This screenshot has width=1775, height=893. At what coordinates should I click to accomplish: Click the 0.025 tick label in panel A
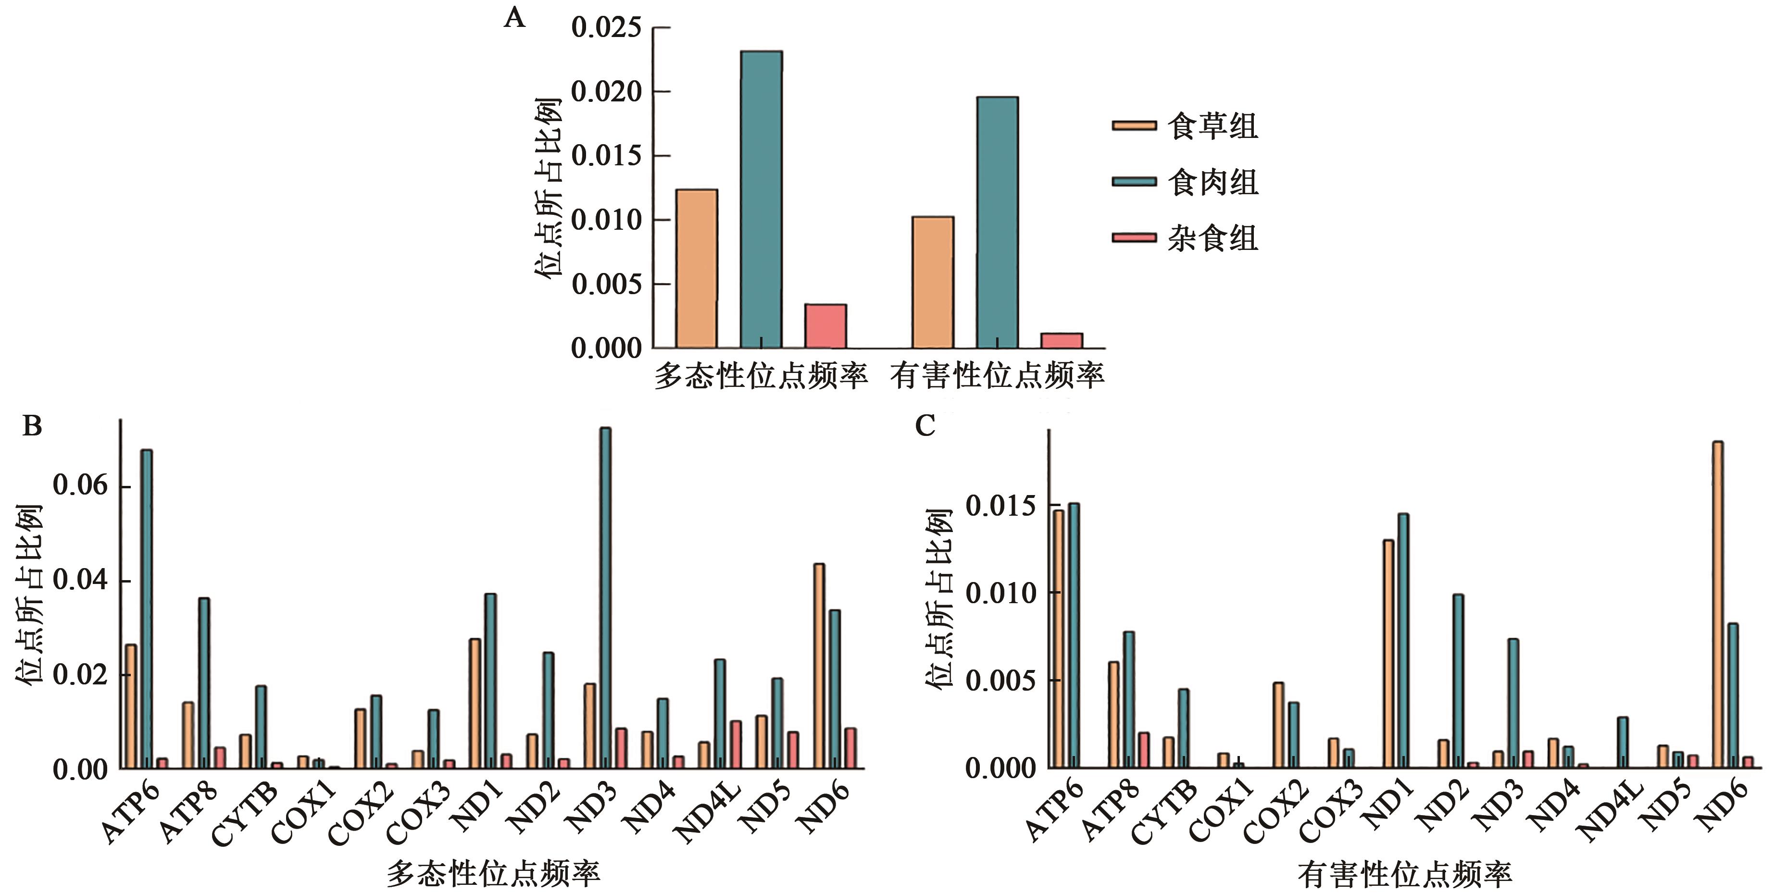606,27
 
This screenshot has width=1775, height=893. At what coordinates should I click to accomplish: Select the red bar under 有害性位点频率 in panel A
1061,340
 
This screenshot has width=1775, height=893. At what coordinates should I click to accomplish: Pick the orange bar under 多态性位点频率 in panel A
696,269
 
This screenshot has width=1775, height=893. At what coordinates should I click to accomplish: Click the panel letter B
32,426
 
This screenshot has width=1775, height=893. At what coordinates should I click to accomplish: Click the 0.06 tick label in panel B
81,486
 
